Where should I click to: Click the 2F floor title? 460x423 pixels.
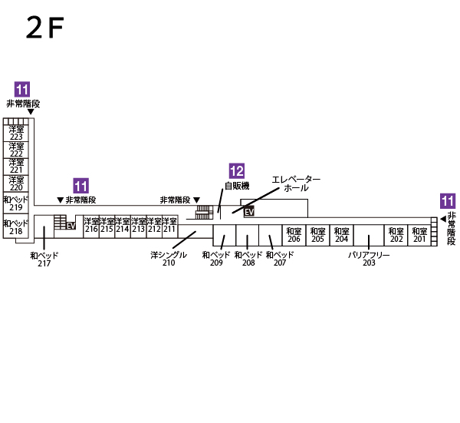pyautogui.click(x=45, y=28)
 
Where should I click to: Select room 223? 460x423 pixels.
pyautogui.click(x=16, y=133)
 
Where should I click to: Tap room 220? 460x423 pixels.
pyautogui.click(x=16, y=183)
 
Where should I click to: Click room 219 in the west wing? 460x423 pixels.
pyautogui.click(x=16, y=203)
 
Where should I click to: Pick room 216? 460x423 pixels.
pyautogui.click(x=91, y=226)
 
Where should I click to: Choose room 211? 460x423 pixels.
pyautogui.click(x=169, y=226)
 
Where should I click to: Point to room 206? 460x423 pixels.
pyautogui.click(x=294, y=235)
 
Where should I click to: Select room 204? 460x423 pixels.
pyautogui.click(x=342, y=235)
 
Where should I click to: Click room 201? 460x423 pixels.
pyautogui.click(x=419, y=235)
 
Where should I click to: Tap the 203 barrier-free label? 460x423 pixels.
pyautogui.click(x=369, y=259)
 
